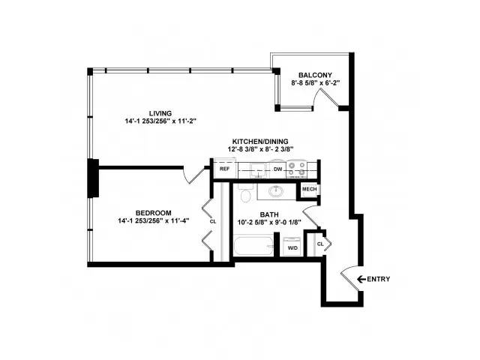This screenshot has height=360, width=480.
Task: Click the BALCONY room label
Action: coord(315,75)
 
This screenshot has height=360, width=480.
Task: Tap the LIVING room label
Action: coord(160,113)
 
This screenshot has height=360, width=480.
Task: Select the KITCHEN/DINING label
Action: coord(260,142)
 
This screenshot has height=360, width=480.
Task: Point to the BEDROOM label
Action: coord(153,213)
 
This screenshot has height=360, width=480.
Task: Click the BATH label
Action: coord(269,214)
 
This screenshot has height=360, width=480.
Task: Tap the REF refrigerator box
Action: coord(224,169)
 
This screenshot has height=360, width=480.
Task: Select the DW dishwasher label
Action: coord(277,169)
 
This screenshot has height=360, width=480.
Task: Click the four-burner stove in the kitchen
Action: coord(296,169)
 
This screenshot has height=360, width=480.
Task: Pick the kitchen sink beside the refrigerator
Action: coord(258,170)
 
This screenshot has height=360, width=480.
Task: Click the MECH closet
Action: coord(309,190)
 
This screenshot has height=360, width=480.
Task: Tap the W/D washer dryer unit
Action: coord(292,247)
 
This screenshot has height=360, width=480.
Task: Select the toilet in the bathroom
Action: coord(245,193)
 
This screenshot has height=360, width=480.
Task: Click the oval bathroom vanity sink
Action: coord(276,191)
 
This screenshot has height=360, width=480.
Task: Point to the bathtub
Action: coord(253,245)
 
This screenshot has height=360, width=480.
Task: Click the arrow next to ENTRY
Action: coord(361,279)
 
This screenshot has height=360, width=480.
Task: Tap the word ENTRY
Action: coord(378,279)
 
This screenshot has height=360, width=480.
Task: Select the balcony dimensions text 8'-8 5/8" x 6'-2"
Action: coord(315,82)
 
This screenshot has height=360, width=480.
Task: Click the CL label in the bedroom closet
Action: coord(213,222)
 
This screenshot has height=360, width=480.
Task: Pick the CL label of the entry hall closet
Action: coord(320,244)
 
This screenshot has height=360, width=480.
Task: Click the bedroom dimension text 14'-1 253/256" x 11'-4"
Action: coord(153,220)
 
